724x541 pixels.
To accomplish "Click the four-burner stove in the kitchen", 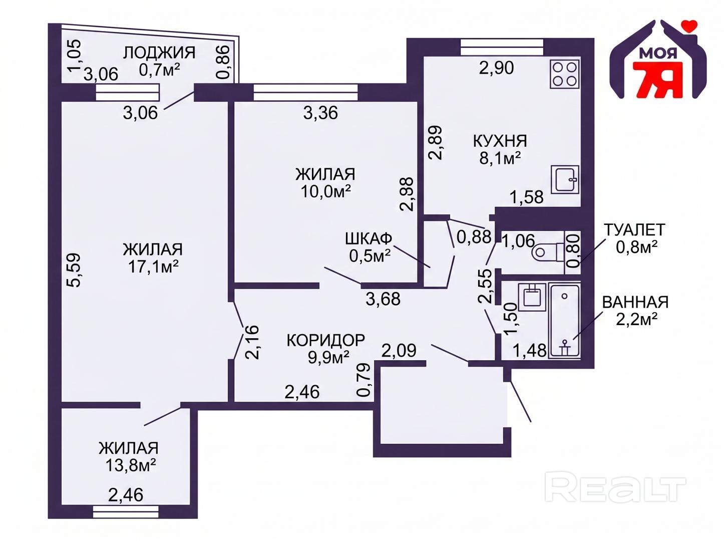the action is click(x=565, y=74).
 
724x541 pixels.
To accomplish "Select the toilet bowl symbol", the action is click(x=548, y=252).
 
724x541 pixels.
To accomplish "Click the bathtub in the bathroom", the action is click(x=564, y=320).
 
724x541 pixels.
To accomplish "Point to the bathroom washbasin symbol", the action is click(x=532, y=297).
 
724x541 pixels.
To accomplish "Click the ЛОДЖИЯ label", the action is click(x=159, y=53).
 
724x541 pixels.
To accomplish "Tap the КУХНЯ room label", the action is click(x=500, y=141).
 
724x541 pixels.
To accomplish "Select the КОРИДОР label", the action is click(x=326, y=340).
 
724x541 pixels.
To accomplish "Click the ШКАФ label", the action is click(x=369, y=238).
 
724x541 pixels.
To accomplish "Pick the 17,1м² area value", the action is click(x=153, y=267).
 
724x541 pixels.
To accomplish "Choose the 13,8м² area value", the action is click(x=131, y=465).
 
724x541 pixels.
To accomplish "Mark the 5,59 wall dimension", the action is click(x=76, y=270).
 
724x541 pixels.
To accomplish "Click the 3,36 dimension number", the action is click(x=320, y=113).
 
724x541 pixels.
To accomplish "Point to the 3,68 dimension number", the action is click(x=383, y=299).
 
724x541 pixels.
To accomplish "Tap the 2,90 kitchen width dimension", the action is click(x=496, y=68).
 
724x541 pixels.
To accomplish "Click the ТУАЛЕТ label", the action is click(x=634, y=229).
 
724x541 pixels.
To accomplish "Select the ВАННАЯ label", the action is click(x=635, y=302).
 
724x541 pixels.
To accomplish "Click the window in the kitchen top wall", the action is click(x=502, y=47).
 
